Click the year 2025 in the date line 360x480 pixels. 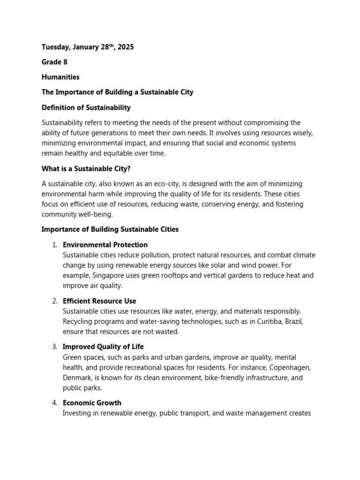tap(125, 47)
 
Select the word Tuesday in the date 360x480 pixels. tap(56, 47)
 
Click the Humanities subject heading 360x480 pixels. tap(60, 77)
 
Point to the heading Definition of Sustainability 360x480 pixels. tap(86, 107)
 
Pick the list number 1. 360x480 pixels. tap(54, 245)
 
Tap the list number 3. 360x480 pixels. tap(54, 347)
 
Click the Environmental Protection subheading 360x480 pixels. tap(105, 245)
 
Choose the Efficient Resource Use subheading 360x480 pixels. tap(99, 301)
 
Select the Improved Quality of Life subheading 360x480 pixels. tap(103, 347)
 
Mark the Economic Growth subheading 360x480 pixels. tap(92, 403)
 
